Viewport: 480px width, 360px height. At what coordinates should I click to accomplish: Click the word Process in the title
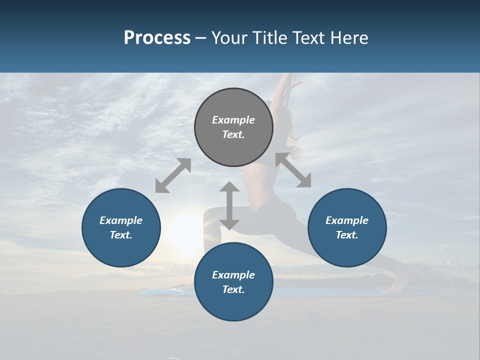pos(157,38)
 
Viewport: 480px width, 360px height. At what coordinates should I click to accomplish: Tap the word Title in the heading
pos(270,38)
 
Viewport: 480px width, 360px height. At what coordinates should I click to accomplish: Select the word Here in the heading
pos(349,38)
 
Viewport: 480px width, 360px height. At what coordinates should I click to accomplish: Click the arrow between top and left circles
pos(173,175)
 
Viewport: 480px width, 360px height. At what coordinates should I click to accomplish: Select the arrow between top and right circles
pos(293,170)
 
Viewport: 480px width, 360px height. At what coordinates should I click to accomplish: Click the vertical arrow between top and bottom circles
pos(229,205)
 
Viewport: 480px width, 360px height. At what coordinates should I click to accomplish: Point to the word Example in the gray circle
pos(233,120)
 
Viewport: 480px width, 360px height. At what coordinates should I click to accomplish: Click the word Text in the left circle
pos(121,235)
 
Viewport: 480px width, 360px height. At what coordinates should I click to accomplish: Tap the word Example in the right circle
pos(347,220)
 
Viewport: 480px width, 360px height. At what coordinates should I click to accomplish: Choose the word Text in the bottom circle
pos(233,289)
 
